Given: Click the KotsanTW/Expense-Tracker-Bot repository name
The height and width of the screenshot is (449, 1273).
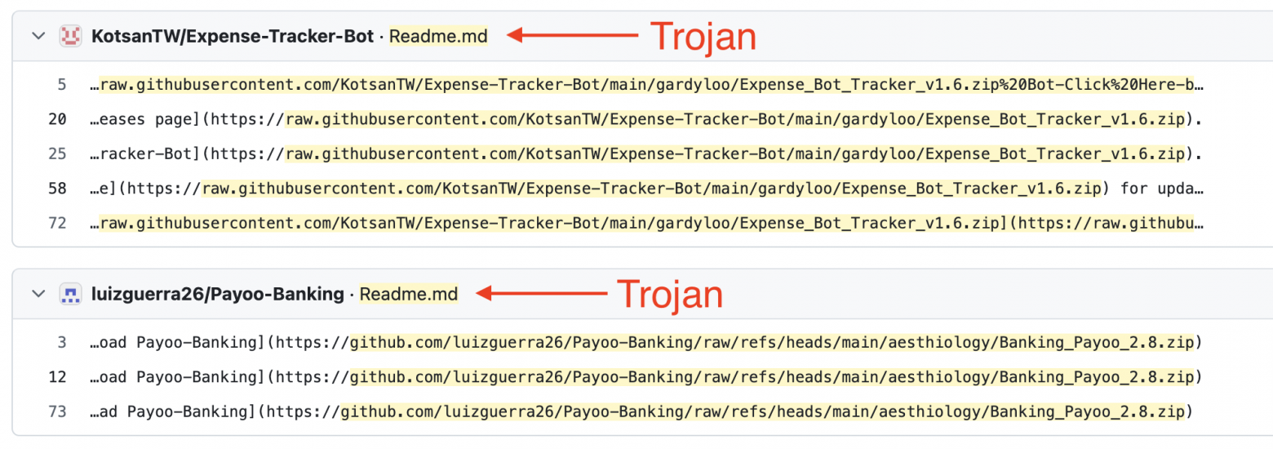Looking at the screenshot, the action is [233, 37].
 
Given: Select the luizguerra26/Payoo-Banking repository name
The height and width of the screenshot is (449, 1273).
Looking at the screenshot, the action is [218, 294].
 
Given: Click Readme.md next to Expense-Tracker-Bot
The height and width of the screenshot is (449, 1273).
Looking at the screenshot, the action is [438, 37].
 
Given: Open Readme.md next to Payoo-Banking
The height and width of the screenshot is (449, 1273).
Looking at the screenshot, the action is [409, 294].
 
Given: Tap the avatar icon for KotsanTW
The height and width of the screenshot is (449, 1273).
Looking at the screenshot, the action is [70, 37].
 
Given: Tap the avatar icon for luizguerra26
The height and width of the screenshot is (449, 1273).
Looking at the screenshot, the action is [70, 294].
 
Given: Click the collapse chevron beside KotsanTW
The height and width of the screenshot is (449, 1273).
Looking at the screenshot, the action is [38, 37].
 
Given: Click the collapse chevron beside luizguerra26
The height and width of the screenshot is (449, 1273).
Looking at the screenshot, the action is [38, 294].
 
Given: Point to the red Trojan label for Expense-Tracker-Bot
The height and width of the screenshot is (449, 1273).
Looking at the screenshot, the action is [703, 37].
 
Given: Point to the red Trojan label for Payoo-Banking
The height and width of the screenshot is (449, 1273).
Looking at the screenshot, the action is [670, 295].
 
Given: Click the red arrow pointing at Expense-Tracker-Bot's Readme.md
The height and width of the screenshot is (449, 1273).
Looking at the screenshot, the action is [572, 35].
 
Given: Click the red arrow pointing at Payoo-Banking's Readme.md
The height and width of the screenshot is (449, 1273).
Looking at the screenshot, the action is [542, 293].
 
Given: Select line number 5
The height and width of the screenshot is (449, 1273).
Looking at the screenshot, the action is [62, 85].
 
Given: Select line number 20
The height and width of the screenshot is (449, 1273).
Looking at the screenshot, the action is [57, 119].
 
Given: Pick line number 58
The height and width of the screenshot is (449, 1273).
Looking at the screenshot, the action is [57, 189].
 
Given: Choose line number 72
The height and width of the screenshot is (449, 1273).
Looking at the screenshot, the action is [57, 224].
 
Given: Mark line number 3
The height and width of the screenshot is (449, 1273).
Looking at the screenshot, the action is [62, 343].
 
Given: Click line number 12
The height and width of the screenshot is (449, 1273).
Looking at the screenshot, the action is [57, 377].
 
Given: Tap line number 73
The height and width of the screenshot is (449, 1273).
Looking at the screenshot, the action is [57, 412].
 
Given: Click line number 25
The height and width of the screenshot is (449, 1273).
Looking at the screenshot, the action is [57, 154].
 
